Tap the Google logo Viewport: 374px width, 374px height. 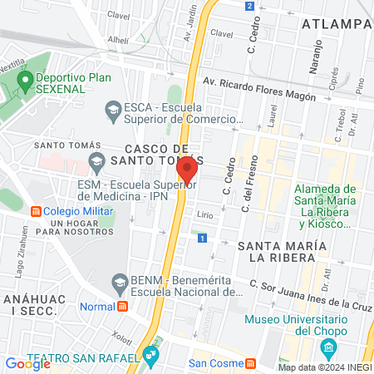click(27, 363)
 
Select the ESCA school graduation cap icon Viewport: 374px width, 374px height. click(111, 108)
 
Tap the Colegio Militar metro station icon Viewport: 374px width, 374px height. click(36, 211)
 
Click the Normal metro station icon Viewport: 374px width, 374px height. click(123, 306)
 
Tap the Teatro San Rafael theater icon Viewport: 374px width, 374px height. click(150, 358)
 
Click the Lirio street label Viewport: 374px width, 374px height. click(205, 214)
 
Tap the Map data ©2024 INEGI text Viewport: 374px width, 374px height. click(323, 367)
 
